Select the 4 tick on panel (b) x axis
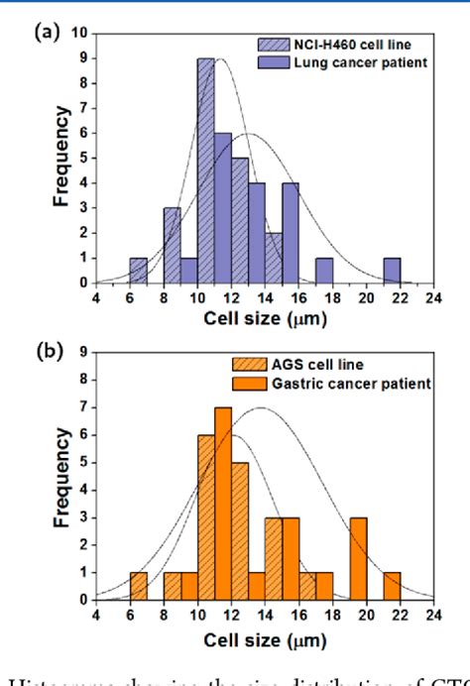point(96,613)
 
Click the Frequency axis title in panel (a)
point(62,159)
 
